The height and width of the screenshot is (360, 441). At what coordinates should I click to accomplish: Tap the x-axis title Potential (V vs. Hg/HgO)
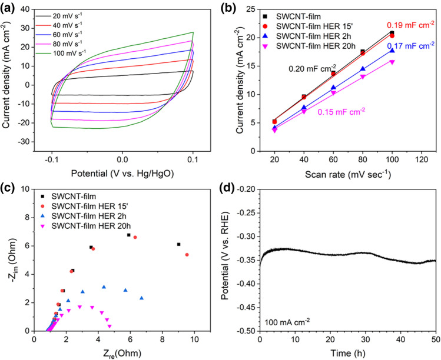(122, 175)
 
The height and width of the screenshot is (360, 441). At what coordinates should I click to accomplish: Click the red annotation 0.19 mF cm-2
(410, 25)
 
